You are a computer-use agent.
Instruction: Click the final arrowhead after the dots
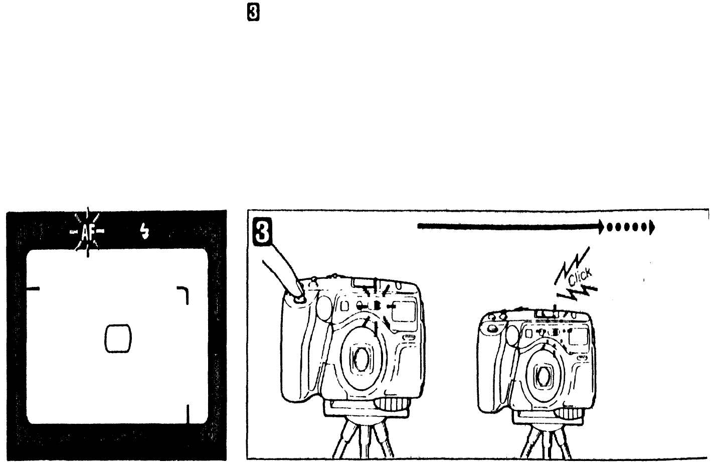tap(652, 227)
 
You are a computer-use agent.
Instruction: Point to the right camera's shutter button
tap(491, 328)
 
